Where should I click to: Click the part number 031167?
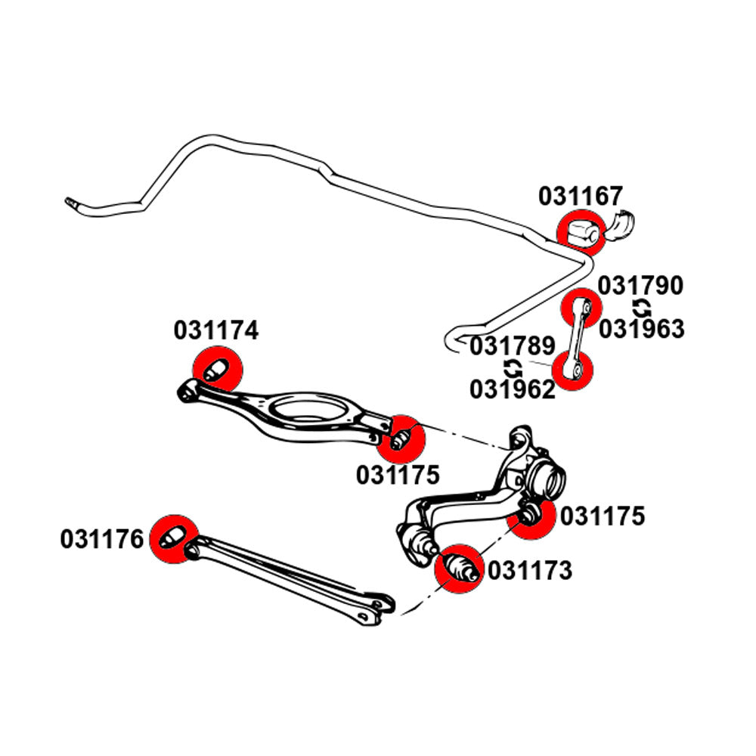click(581, 197)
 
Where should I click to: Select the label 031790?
click(641, 287)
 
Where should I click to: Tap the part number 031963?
click(642, 329)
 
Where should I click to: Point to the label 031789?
click(513, 347)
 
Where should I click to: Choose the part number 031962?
click(513, 389)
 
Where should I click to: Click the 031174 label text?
click(216, 330)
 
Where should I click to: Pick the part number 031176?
click(102, 539)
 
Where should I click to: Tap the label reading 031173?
click(530, 571)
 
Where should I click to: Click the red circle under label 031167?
click(581, 231)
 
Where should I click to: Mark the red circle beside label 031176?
click(173, 538)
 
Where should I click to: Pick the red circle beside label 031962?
click(572, 370)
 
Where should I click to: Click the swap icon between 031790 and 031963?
click(641, 308)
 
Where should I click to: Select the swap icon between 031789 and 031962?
click(513, 368)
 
